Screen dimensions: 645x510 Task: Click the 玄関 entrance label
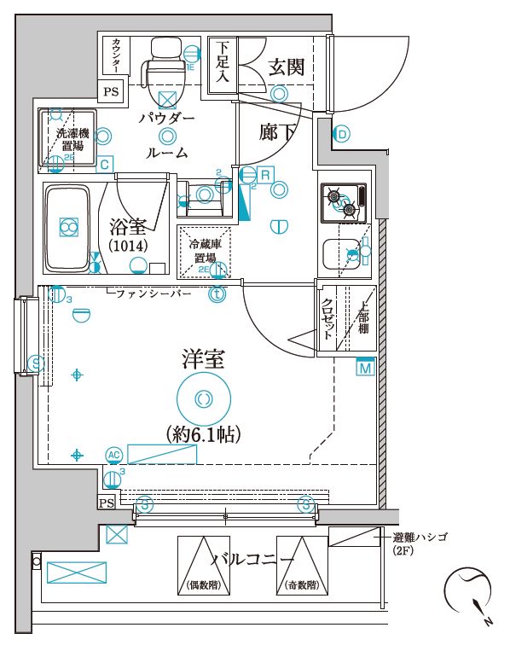(285, 67)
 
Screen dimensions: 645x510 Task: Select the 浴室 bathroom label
(129, 227)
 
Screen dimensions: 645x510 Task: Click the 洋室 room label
(203, 359)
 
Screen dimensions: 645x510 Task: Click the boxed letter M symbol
(365, 368)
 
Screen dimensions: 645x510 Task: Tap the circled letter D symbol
(341, 134)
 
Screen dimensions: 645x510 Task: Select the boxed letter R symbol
(265, 174)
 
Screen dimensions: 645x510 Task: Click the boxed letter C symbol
(103, 164)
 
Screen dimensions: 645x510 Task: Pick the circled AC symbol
(113, 455)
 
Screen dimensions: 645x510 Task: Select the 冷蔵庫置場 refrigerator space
(204, 251)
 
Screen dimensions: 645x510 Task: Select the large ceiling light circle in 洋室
(203, 398)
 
